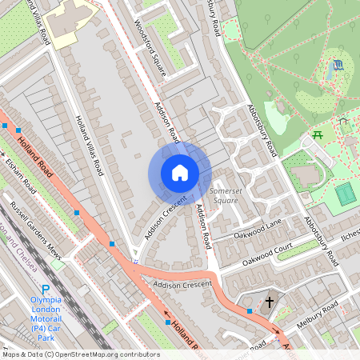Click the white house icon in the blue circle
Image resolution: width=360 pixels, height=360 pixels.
[x=180, y=173]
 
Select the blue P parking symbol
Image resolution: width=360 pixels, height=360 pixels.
[x=45, y=290]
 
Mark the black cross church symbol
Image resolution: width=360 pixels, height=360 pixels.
[x=270, y=302]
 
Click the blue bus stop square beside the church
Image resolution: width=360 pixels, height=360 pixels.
[x=250, y=310]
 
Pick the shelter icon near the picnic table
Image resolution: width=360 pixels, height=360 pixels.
[x=342, y=122]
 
